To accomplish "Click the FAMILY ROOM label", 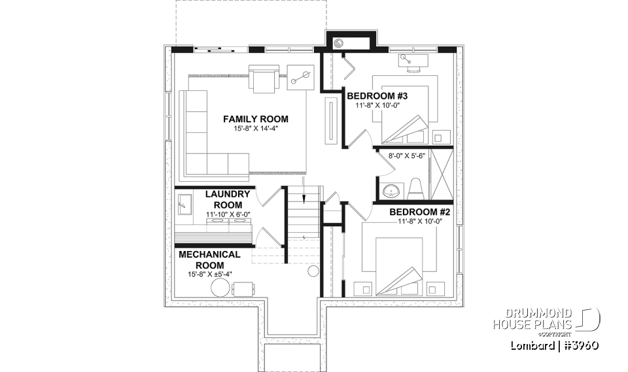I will tap(255, 119).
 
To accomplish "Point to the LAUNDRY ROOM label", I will tap(227, 199).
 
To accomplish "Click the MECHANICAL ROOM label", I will tap(209, 259).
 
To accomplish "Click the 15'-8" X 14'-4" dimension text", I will tap(255, 129).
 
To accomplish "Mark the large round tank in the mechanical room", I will tap(219, 288).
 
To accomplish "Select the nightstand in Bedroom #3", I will tap(441, 137).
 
